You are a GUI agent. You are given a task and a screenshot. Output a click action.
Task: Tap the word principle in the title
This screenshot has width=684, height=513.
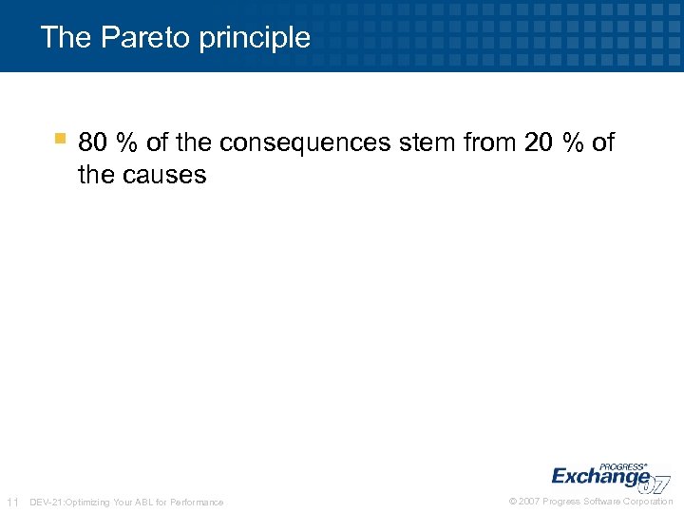pyautogui.click(x=256, y=38)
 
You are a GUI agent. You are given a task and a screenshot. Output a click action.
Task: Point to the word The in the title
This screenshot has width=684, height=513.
pyautogui.click(x=66, y=37)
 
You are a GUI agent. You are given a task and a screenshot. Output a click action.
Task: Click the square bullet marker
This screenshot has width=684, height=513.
pyautogui.click(x=59, y=139)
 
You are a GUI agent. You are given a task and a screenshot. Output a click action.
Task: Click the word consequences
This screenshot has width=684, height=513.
pyautogui.click(x=304, y=142)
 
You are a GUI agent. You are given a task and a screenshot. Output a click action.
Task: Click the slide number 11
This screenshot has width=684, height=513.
pyautogui.click(x=12, y=502)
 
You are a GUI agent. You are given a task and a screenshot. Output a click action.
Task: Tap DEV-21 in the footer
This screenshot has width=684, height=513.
pyautogui.click(x=45, y=502)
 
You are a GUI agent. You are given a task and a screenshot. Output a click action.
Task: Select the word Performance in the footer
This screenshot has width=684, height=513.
pyautogui.click(x=197, y=502)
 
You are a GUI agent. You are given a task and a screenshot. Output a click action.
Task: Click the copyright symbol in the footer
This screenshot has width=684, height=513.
pyautogui.click(x=513, y=502)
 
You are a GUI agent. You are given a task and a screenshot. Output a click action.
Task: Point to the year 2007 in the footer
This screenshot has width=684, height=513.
pyautogui.click(x=530, y=502)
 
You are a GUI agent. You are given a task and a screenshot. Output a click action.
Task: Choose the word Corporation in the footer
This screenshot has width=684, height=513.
pyautogui.click(x=648, y=502)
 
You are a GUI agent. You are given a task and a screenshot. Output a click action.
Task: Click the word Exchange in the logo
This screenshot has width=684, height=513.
pyautogui.click(x=600, y=477)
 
